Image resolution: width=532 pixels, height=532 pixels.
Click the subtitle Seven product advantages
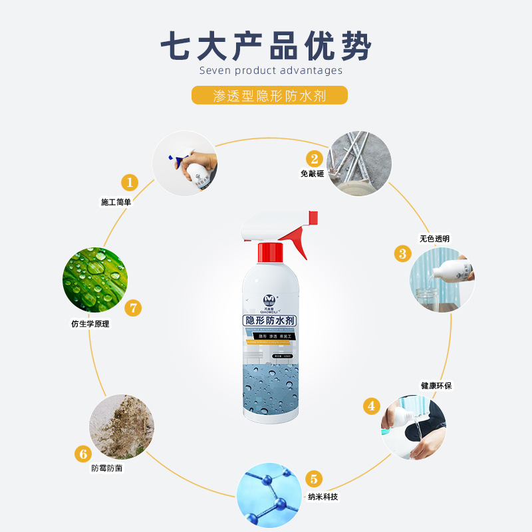271,70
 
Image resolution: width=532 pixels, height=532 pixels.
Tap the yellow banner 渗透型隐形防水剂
269,95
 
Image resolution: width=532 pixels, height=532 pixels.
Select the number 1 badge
129,182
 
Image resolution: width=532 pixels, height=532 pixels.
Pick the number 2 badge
315,158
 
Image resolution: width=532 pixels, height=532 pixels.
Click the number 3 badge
402,253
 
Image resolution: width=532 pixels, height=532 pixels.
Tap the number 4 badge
371,406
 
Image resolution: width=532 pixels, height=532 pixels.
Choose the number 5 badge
315,479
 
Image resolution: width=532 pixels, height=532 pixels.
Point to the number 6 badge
83,454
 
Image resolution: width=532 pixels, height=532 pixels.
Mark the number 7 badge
134,307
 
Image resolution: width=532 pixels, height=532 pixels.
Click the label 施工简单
116,202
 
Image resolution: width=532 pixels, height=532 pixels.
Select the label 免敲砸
313,174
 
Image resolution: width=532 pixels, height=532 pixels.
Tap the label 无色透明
434,239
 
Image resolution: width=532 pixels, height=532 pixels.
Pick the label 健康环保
436,386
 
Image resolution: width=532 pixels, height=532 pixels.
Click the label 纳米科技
323,497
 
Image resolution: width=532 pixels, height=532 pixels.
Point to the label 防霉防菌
107,468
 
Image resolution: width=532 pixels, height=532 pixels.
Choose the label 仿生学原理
90,325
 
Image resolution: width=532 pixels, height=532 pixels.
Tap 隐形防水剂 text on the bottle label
270,322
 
